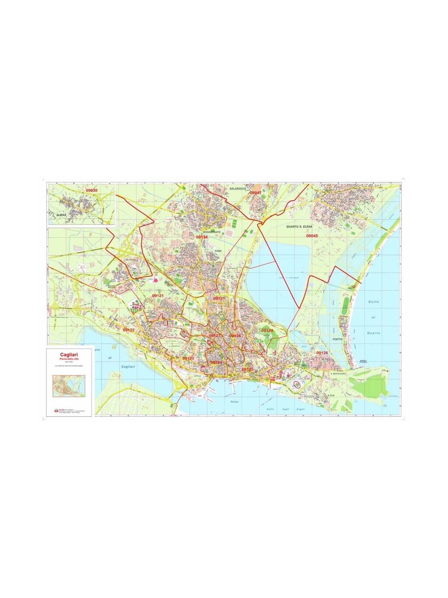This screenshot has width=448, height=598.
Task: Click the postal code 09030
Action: click(91, 191)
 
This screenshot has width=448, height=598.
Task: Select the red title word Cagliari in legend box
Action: click(69, 354)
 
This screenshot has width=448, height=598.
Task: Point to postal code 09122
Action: click(128, 330)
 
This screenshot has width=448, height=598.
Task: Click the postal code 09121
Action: click(158, 296)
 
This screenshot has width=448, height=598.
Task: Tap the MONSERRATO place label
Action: click(212, 232)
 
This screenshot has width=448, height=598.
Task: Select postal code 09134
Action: click(202, 237)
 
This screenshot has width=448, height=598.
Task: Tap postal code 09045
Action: click(312, 236)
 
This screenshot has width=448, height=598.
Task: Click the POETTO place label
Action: click(337, 340)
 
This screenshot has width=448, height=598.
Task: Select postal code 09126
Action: click(322, 353)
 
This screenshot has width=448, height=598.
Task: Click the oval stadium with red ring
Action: click(297, 384)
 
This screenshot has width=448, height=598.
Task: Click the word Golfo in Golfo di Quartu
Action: click(373, 302)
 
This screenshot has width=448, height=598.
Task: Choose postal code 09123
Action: click(188, 358)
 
